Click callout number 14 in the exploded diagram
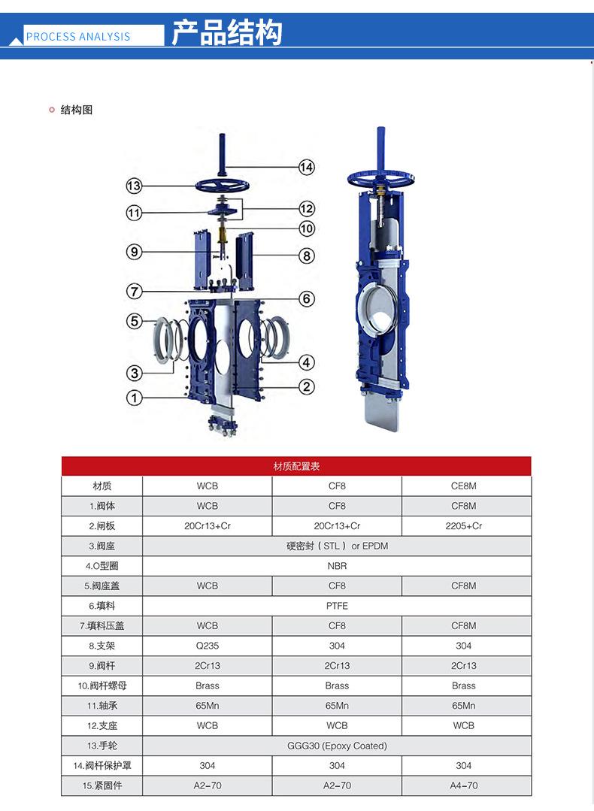coord(307,167)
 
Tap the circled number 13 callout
coord(134,186)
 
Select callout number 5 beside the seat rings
coord(134,321)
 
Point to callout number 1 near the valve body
coord(134,398)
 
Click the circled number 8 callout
coord(307,256)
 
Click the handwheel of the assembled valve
coord(380,178)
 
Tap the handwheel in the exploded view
coord(223,185)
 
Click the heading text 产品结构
coord(226,32)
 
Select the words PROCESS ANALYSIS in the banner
coord(78,37)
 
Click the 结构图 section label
coord(77,110)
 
